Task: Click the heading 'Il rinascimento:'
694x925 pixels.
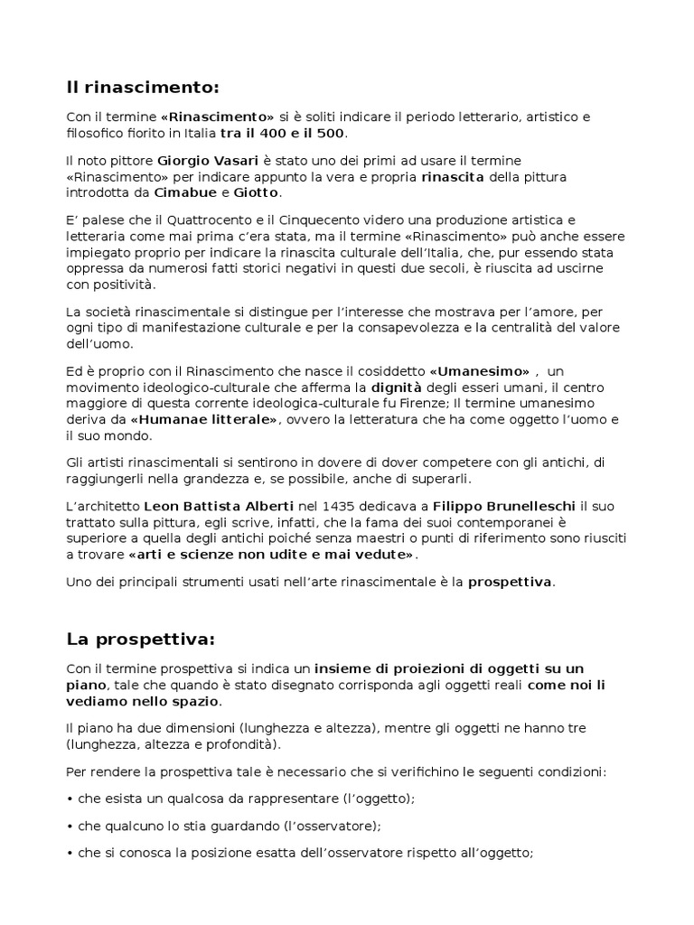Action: (143, 88)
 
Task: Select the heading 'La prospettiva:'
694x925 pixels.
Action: (141, 640)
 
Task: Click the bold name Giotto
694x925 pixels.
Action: (257, 192)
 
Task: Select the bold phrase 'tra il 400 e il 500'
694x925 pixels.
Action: (283, 133)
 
